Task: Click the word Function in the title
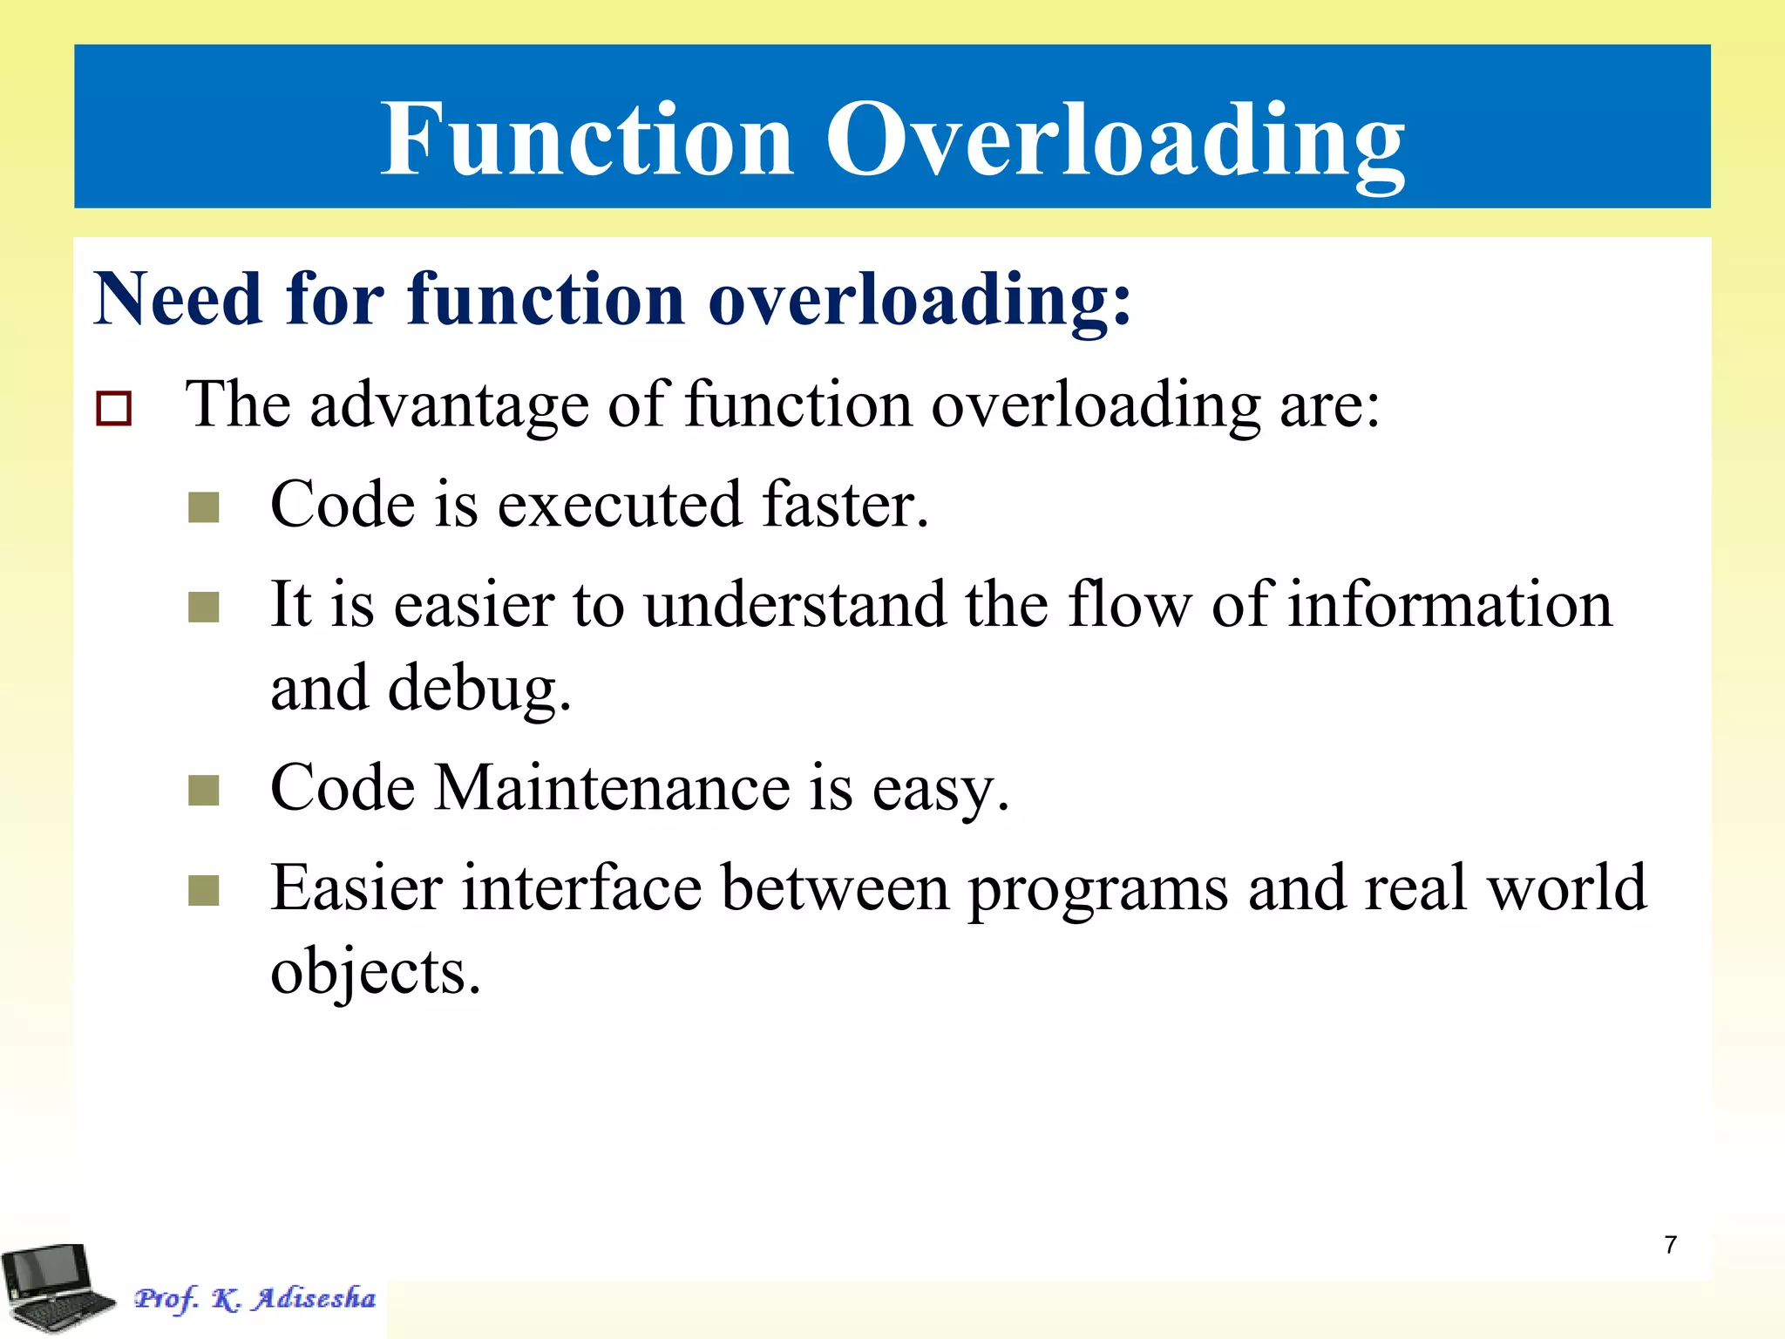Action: tap(587, 139)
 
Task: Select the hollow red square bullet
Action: tap(114, 408)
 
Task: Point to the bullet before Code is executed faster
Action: tap(204, 507)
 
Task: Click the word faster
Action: tap(845, 506)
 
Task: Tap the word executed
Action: tap(620, 506)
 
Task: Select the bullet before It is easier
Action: tap(204, 608)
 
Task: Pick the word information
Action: tap(1449, 605)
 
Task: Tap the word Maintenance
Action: tap(613, 788)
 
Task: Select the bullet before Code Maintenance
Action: tap(204, 792)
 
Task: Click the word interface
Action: tap(581, 888)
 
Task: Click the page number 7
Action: tap(1670, 1245)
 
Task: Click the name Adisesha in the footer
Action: tap(315, 1298)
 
